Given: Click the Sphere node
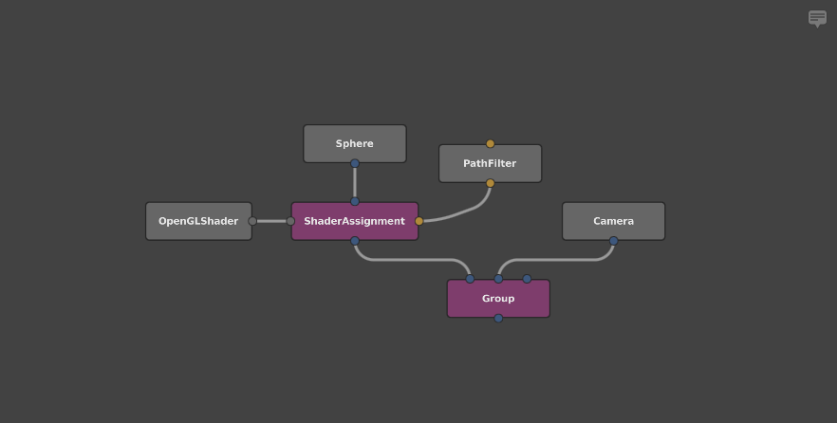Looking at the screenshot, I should (355, 144).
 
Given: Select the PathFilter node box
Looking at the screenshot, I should (490, 164).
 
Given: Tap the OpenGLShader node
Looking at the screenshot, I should (198, 221).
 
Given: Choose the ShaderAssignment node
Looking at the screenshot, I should (355, 221).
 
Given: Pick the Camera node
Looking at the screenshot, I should (613, 221).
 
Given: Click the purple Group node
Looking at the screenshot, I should (498, 299).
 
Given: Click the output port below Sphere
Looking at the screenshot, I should (355, 163).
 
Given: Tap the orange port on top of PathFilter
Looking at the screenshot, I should (491, 144).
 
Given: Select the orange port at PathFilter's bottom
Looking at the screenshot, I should (491, 183).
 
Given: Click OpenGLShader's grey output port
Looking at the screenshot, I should (252, 221).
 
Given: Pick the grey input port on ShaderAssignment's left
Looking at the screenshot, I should (290, 221).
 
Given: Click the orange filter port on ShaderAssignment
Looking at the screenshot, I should (419, 221).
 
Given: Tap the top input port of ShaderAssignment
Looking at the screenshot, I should (355, 201).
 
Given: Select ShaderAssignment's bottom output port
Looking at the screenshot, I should (355, 241).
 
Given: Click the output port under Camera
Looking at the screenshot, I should (614, 241).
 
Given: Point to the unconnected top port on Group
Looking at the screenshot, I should (528, 279).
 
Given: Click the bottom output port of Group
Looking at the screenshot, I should (498, 318).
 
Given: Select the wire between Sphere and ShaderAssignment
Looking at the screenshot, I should (355, 182).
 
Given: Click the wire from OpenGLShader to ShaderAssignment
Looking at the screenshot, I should (271, 221).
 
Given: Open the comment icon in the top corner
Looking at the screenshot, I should (817, 18).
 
